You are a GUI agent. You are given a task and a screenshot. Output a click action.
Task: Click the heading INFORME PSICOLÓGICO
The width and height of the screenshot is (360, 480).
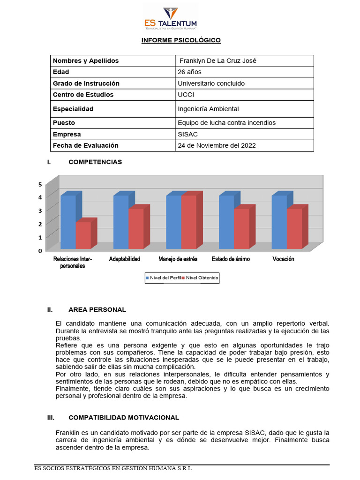click(x=181, y=40)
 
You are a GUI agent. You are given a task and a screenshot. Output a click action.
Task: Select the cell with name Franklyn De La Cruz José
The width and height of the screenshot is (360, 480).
click(x=218, y=61)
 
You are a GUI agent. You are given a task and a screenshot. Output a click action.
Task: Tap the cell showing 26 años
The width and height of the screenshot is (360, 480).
click(x=190, y=72)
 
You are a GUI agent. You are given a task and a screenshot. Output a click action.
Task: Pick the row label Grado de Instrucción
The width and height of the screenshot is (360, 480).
click(x=86, y=83)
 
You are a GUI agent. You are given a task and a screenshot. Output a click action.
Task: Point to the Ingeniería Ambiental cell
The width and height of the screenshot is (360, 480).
click(x=208, y=109)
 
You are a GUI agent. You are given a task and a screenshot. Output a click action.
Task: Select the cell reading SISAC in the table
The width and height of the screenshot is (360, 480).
click(x=188, y=134)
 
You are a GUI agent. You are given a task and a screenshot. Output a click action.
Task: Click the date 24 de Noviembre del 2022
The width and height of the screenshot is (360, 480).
click(x=217, y=145)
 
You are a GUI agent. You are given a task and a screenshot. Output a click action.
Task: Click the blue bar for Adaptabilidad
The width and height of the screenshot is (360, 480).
click(x=121, y=221)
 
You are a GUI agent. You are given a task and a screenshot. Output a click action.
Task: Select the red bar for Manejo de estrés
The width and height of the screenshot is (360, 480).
click(x=189, y=221)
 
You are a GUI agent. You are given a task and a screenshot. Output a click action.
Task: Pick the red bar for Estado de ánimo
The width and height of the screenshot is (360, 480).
click(x=241, y=228)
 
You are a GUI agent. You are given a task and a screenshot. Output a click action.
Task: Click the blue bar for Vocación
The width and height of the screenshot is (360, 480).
click(x=279, y=221)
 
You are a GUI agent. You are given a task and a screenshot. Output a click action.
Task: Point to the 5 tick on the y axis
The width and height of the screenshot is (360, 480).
click(x=40, y=184)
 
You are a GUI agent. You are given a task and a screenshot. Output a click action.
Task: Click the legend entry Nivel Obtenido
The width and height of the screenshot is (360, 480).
click(x=202, y=278)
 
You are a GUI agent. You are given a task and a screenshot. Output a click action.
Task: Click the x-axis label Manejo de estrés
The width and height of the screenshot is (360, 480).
click(x=178, y=259)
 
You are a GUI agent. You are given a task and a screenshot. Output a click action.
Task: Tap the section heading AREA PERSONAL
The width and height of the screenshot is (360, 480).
click(x=97, y=309)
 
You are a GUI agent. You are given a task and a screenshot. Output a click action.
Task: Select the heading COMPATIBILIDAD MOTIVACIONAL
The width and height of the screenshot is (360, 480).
click(x=124, y=417)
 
